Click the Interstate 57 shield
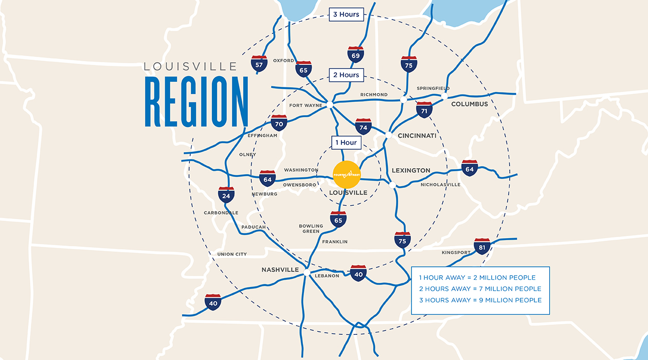point(259,63)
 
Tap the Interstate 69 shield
point(355,55)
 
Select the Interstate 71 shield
point(424,110)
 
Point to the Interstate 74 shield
point(363,127)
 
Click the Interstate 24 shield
point(226,195)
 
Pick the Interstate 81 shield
point(482,247)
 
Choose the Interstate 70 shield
point(279,123)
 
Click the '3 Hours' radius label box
point(346,14)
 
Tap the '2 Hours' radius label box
point(346,75)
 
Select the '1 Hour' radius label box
point(346,142)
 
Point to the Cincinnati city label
point(417,136)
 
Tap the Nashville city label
point(280,270)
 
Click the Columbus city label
point(470,104)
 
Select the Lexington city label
point(411,170)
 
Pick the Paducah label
point(253,227)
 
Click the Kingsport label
point(456,253)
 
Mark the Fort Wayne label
point(305,105)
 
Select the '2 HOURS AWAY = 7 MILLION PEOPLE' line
point(480,289)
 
